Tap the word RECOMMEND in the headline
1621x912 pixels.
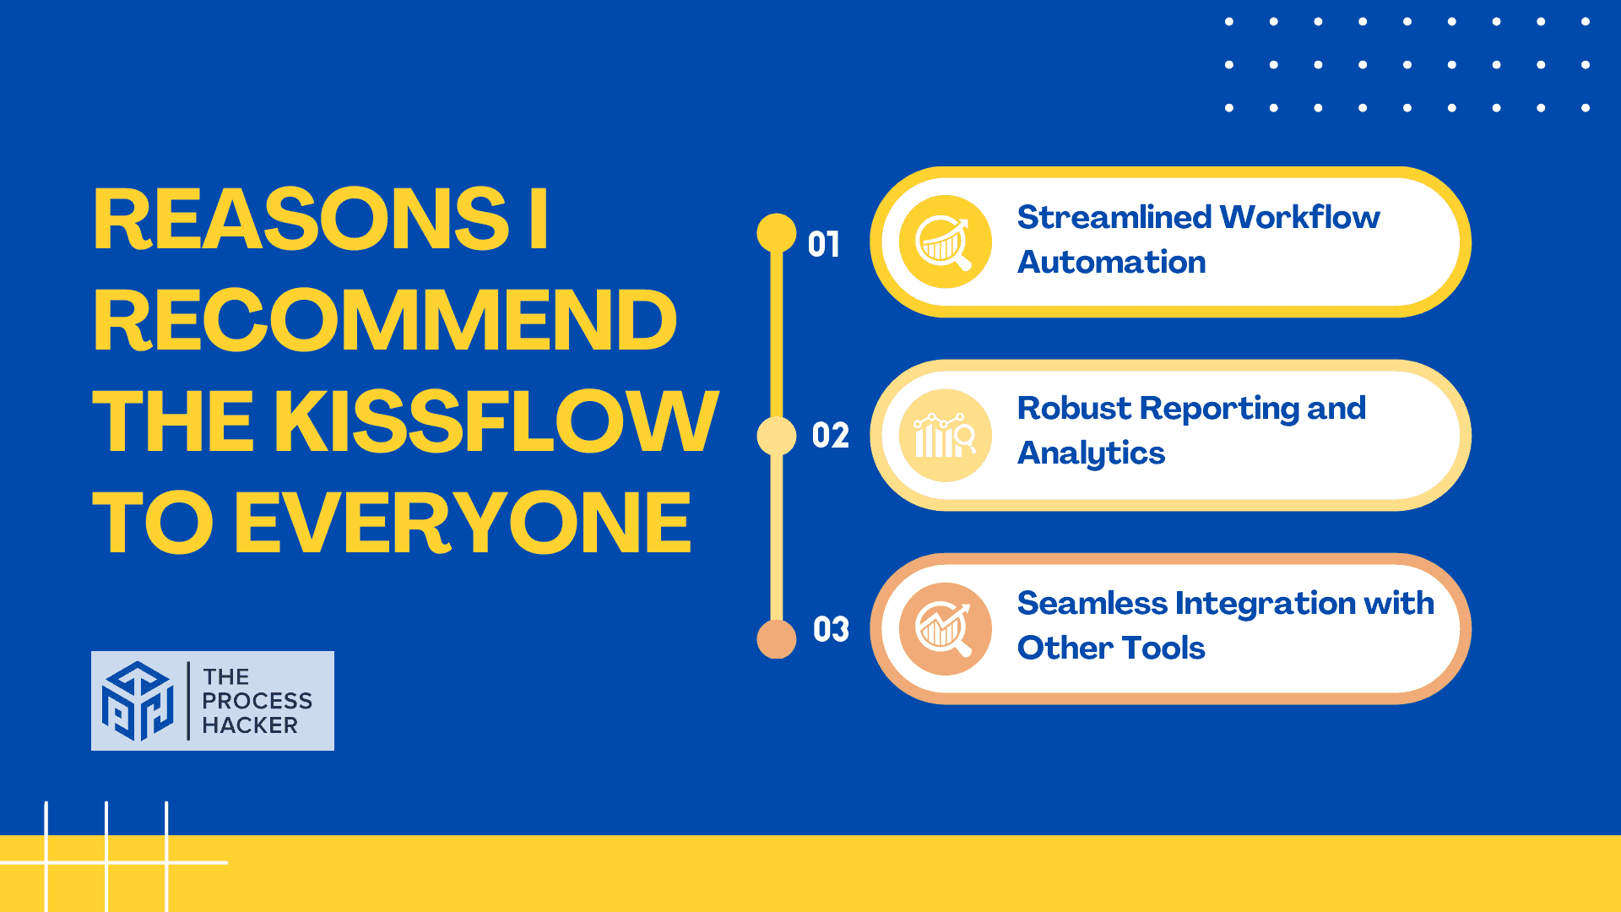click(385, 320)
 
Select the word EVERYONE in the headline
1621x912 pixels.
click(463, 523)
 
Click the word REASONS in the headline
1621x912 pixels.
click(301, 219)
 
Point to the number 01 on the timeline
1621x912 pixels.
click(824, 245)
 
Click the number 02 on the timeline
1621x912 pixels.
click(830, 436)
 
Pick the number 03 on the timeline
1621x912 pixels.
click(831, 630)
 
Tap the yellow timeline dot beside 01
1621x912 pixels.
click(777, 233)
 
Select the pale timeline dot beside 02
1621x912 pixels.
click(777, 436)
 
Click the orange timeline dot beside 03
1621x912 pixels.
click(777, 638)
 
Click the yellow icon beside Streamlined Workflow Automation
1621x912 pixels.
click(946, 242)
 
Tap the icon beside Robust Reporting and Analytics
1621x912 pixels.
click(946, 436)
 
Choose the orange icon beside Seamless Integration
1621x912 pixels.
click(946, 629)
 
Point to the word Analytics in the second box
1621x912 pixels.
click(1091, 454)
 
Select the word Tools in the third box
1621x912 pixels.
click(1163, 648)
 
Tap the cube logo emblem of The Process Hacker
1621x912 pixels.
click(138, 701)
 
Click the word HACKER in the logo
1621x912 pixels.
click(250, 725)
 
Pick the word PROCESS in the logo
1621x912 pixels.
click(258, 701)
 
